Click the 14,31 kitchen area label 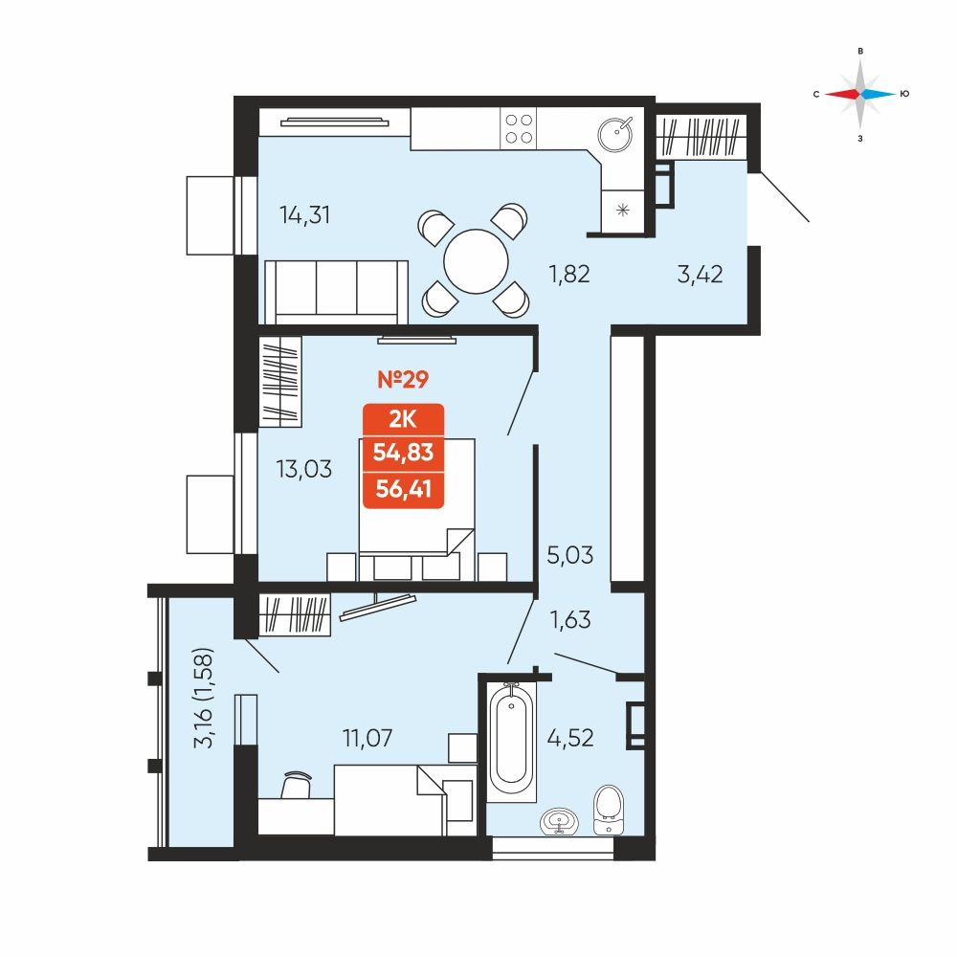pos(304,214)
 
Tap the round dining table pos(476,261)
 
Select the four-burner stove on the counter pos(519,129)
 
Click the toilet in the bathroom pos(609,810)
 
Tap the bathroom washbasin pos(559,821)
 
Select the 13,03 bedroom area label pos(304,469)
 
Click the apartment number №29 pos(403,379)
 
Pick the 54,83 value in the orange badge pos(404,453)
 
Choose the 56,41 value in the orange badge pos(404,489)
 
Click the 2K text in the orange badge pos(403,419)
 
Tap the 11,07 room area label pos(367,738)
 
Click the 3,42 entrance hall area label pos(701,274)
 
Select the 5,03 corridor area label pos(570,555)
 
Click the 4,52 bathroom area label pos(570,738)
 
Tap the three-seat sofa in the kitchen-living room pos(336,292)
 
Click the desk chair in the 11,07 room pos(297,785)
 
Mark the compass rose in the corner pos(860,94)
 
